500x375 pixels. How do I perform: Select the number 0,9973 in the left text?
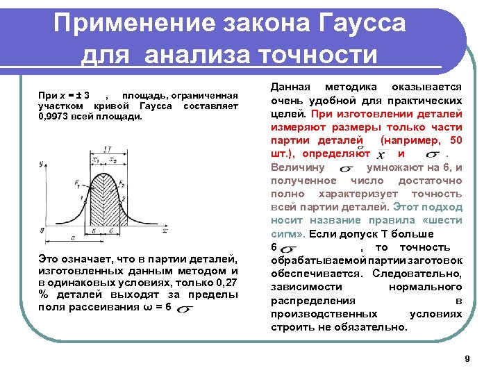coord(53,117)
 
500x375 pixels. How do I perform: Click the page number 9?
coord(467,358)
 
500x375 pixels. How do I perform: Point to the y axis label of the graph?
coord(42,163)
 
